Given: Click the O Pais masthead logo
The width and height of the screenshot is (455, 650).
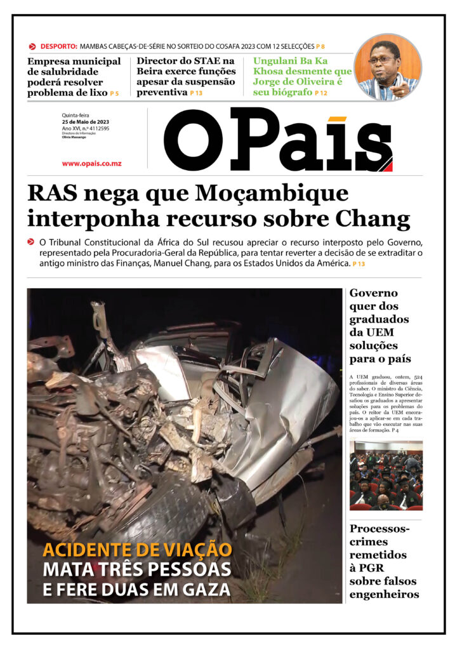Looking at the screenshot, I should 278,140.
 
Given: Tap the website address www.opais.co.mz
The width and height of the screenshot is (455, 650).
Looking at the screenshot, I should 91,164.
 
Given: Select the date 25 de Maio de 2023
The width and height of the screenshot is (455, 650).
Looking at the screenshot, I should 86,121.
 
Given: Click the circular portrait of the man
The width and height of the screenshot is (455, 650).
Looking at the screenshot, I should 387,67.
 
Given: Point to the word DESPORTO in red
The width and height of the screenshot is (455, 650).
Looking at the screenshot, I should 58,46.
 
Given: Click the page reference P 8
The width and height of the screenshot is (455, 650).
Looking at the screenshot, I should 320,47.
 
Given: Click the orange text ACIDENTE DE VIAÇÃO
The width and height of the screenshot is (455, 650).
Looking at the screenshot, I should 137,550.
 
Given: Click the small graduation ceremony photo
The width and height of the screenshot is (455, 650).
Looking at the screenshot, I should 386,475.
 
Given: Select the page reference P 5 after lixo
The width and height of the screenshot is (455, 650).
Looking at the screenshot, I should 114,94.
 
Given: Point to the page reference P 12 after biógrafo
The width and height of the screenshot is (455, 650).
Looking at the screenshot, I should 321,94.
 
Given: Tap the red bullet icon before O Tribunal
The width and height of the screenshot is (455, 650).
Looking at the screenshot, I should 31,242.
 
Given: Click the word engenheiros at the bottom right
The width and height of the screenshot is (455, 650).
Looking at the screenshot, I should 384,594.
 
